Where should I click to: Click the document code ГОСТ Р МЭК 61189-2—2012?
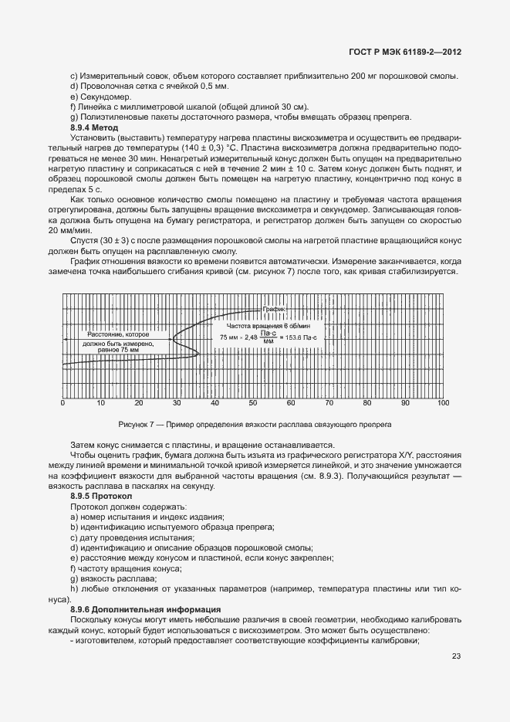click(x=405, y=53)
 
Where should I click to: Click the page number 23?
click(x=456, y=658)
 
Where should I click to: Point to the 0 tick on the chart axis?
click(x=62, y=403)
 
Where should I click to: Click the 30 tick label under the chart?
click(x=177, y=403)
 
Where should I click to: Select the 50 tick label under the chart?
click(x=252, y=403)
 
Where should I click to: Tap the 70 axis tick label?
click(x=329, y=403)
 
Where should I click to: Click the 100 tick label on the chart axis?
click(x=443, y=403)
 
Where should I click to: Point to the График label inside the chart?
click(x=274, y=309)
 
